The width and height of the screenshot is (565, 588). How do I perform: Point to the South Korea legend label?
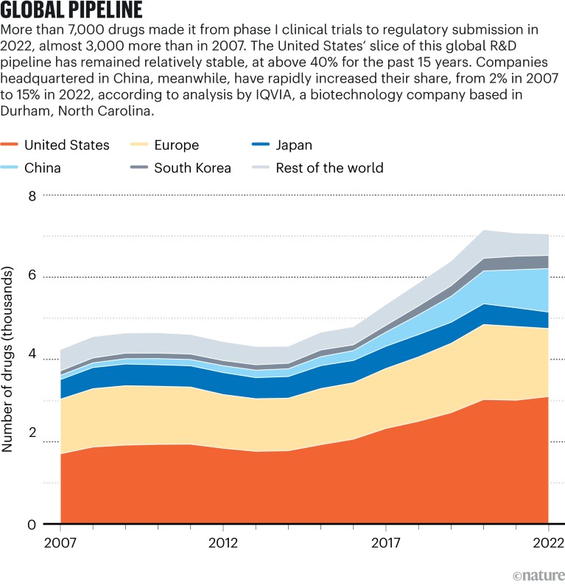(192, 168)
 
